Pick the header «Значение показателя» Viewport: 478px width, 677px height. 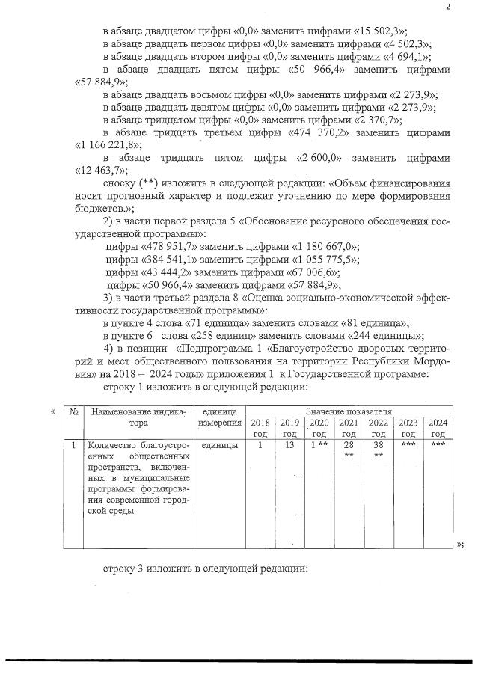348,411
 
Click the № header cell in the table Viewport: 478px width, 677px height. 73,411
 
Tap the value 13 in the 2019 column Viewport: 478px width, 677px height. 289,445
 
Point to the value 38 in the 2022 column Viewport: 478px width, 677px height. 378,445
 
